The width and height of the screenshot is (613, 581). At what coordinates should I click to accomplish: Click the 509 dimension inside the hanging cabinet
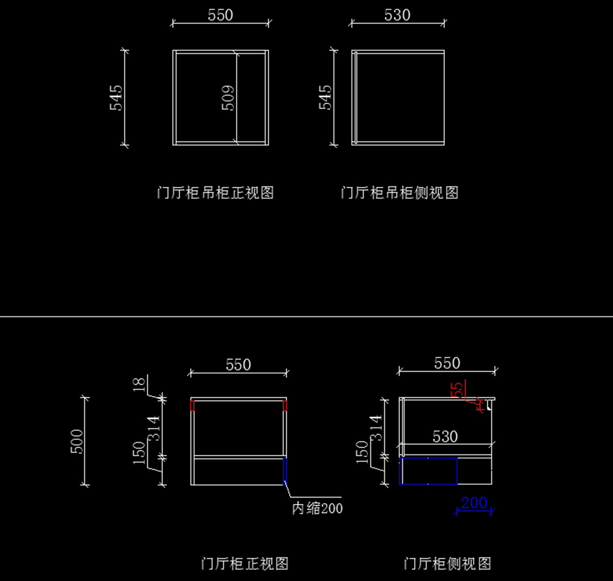[x=228, y=98]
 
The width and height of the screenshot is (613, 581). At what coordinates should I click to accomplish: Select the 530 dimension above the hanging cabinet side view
[x=397, y=15]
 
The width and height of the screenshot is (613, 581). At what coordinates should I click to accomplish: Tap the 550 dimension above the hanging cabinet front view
[x=220, y=15]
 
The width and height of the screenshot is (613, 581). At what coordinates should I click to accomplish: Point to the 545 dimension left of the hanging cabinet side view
[x=325, y=97]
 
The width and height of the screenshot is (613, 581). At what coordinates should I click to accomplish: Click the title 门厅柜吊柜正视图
[x=215, y=193]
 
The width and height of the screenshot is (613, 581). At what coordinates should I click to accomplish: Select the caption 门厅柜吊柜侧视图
[x=399, y=193]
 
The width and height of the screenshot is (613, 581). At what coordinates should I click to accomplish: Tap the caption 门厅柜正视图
[x=245, y=564]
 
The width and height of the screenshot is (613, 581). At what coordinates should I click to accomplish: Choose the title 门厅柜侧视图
[x=447, y=564]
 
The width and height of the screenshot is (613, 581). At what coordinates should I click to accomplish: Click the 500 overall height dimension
[x=77, y=441]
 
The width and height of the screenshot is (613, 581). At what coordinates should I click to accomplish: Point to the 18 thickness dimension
[x=139, y=384]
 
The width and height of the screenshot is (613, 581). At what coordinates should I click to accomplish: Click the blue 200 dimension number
[x=474, y=503]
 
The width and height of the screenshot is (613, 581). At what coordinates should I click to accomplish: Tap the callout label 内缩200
[x=317, y=508]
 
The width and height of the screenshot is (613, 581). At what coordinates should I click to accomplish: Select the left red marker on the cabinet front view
[x=193, y=405]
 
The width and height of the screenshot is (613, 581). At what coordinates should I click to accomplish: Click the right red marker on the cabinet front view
[x=285, y=405]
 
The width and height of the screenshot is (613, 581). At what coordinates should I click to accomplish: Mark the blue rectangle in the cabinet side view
[x=428, y=471]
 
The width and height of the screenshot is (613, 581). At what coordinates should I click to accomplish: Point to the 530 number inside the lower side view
[x=445, y=437]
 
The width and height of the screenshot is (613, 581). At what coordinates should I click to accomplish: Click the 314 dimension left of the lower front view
[x=154, y=428]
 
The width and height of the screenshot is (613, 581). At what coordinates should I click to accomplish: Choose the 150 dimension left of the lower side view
[x=362, y=452]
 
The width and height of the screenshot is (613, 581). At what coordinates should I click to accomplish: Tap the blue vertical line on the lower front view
[x=285, y=470]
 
